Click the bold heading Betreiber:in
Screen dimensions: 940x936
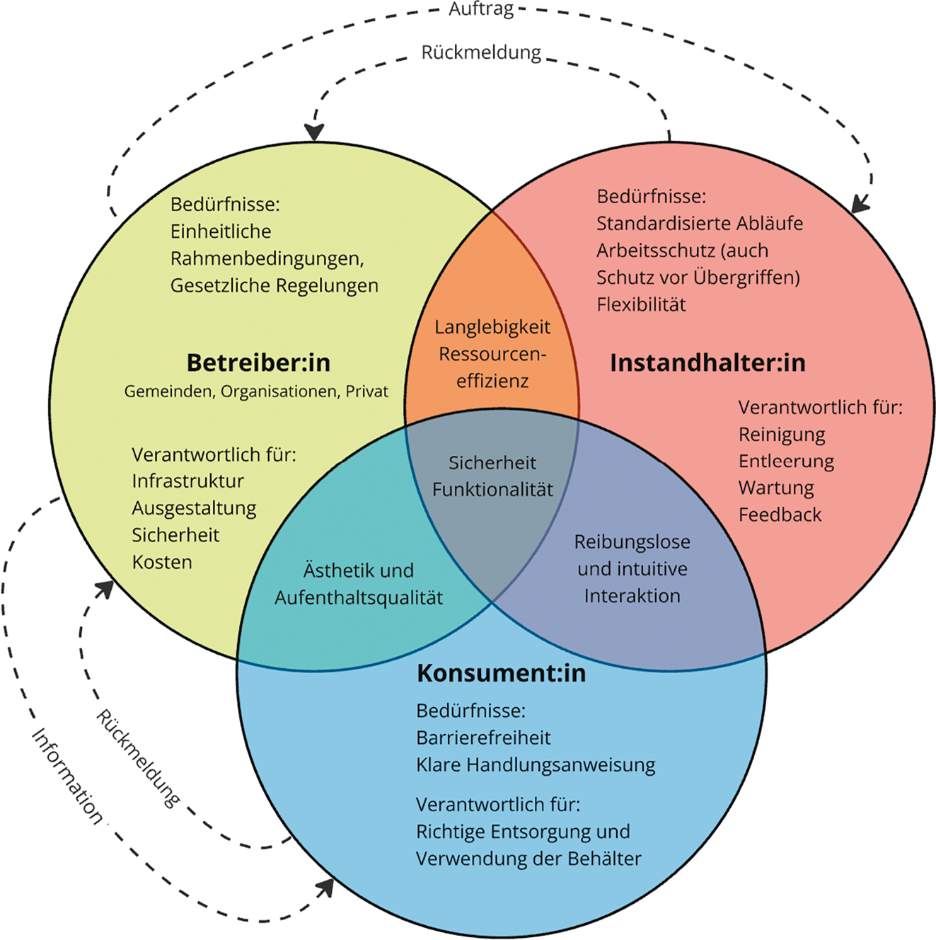click(x=258, y=362)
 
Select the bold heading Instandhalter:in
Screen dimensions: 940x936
click(x=707, y=362)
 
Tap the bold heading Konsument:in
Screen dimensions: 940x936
click(x=501, y=672)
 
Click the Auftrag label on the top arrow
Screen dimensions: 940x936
click(x=481, y=10)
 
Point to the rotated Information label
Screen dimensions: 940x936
click(x=68, y=776)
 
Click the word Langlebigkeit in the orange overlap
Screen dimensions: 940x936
click(x=492, y=327)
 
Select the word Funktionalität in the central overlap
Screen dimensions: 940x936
click(x=492, y=489)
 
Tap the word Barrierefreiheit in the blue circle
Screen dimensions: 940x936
click(x=483, y=738)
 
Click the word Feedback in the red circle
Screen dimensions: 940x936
click(x=780, y=515)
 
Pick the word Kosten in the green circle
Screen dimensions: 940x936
click(x=162, y=562)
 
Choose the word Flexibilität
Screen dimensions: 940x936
click(x=641, y=304)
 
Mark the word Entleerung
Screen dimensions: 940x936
click(x=786, y=461)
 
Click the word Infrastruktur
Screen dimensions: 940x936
click(x=187, y=481)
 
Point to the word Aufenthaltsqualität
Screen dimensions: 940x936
click(x=359, y=597)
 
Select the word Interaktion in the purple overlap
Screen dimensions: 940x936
click(x=632, y=595)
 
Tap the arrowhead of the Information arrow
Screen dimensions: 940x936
click(x=327, y=888)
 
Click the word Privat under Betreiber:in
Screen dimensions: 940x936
click(x=366, y=391)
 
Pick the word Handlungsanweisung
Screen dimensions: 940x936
click(x=560, y=764)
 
